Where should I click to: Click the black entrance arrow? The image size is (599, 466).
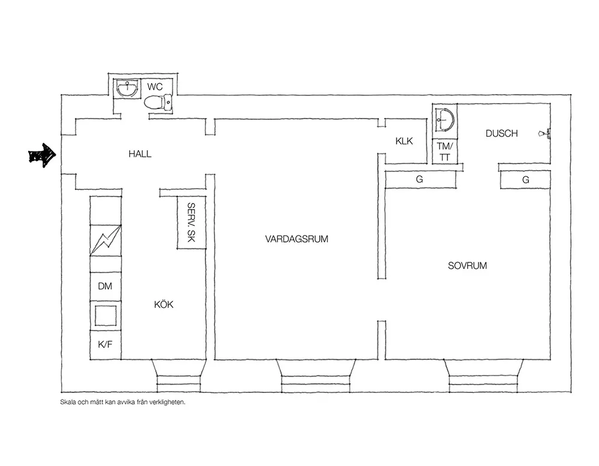pos(43,155)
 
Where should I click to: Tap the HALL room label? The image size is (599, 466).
pos(140,154)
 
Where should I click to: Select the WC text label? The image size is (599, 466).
pos(155,87)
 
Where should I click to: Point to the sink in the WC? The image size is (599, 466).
pos(126,89)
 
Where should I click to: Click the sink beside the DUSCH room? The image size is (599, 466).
pos(445,119)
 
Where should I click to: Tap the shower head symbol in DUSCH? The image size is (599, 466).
pos(544,134)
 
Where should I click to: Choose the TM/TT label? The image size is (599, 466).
pos(444,152)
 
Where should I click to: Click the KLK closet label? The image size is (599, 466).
pos(404,141)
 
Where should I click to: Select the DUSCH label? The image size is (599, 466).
pos(501,134)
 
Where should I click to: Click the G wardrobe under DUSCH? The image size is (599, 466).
pos(526,180)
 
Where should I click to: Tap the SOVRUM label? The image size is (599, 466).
pos(467,265)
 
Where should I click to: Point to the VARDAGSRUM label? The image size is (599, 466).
pos(297,239)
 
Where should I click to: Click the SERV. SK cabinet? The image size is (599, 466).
pos(192,222)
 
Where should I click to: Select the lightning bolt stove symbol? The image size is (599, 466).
pos(106,240)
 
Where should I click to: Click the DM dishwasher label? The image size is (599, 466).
pos(105,286)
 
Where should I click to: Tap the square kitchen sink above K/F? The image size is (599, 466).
pos(105,316)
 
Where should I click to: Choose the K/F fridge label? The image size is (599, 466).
pos(105,344)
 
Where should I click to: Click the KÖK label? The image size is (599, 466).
pos(164,304)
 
